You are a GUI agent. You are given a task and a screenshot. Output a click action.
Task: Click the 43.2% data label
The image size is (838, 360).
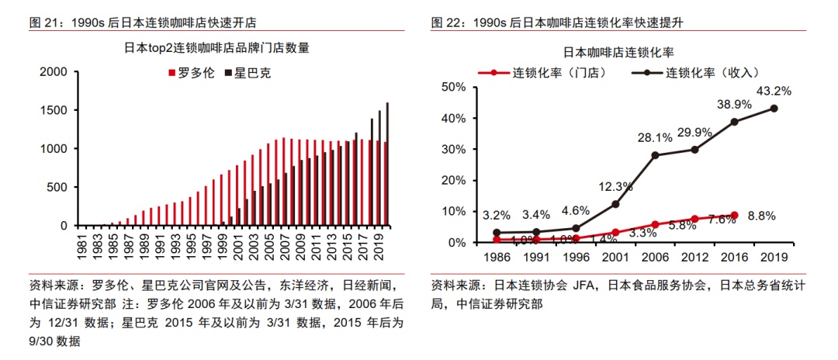773,91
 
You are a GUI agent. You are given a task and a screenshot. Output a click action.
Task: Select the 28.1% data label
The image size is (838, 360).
655,137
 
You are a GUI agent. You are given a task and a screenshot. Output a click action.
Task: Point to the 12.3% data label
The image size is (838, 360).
615,185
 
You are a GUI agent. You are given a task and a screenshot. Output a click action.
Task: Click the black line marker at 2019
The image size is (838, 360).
774,109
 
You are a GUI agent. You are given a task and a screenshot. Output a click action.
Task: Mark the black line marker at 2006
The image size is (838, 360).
655,155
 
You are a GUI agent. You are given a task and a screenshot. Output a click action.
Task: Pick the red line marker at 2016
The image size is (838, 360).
734,215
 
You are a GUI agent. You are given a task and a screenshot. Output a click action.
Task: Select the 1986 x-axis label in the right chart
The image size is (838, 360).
497,255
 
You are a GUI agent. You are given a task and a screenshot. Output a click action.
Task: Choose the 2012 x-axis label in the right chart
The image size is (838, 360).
694,255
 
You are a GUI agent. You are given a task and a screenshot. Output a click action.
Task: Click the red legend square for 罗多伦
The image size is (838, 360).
171,74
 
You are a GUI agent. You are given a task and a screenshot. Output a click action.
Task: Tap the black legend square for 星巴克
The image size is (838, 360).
228,74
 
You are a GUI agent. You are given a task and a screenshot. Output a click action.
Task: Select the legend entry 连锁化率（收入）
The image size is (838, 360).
700,73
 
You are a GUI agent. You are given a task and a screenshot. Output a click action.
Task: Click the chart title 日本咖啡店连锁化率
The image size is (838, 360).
618,53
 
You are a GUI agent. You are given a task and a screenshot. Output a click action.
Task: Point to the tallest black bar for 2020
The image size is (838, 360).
387,164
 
